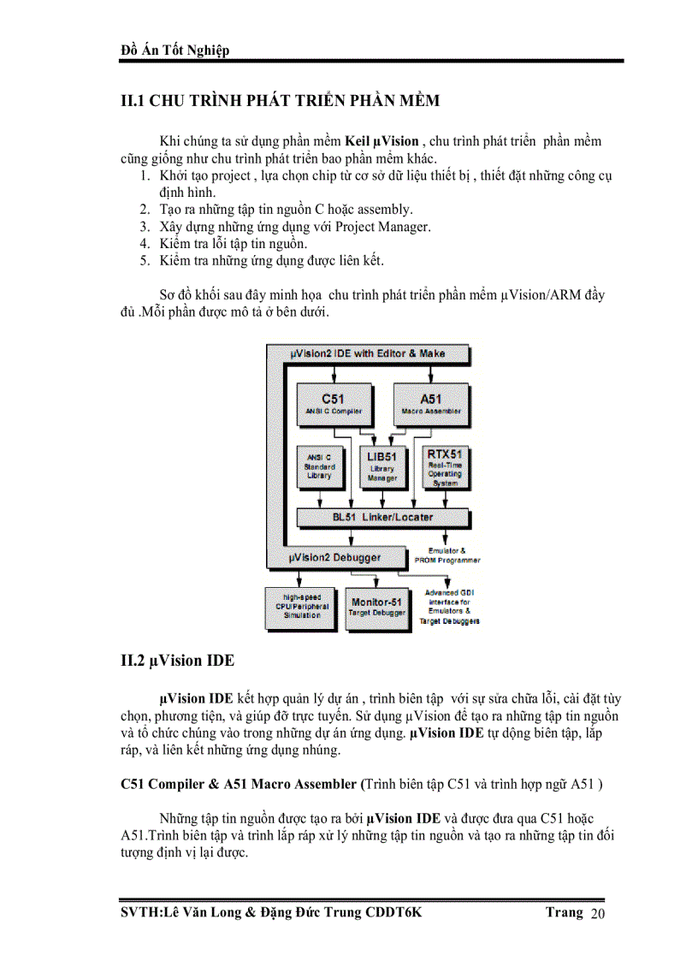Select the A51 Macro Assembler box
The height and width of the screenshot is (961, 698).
point(431,403)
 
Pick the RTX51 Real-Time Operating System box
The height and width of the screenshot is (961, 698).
point(445,467)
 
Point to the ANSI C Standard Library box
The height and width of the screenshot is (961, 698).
point(318,467)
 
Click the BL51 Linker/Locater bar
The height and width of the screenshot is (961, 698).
point(382,517)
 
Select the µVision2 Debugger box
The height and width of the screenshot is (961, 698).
point(335,558)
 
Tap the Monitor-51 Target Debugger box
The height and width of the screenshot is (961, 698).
point(376,608)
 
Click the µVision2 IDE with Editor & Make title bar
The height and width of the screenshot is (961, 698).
point(368,353)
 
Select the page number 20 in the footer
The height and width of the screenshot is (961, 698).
point(598,916)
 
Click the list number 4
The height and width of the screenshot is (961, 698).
point(145,244)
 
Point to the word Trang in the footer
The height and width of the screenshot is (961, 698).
point(565,912)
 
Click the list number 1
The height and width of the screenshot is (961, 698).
point(145,175)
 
